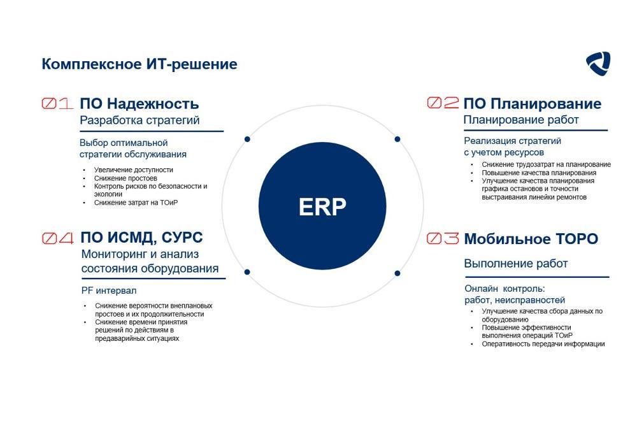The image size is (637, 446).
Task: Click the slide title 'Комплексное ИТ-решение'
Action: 139,64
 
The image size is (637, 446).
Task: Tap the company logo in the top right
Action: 598,64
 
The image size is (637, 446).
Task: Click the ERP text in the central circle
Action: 322,207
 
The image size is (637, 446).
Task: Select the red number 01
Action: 58,104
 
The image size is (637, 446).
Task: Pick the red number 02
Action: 443,103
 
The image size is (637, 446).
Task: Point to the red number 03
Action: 443,239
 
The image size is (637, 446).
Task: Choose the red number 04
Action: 58,238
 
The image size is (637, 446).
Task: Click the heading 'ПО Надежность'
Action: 139,104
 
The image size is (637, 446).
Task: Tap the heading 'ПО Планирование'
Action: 532,104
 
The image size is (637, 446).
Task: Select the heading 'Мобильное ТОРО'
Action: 531,239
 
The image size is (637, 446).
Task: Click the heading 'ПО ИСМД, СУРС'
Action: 141,238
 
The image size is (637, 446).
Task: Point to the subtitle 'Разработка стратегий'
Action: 140,120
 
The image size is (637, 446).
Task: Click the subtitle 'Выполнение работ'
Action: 515,264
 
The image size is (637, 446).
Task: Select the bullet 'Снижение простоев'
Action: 125,178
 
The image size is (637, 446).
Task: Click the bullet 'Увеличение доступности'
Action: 133,170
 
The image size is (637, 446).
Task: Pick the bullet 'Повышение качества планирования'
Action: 539,173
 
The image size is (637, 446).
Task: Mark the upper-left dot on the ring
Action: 247,139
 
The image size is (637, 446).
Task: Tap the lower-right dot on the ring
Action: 397,273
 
